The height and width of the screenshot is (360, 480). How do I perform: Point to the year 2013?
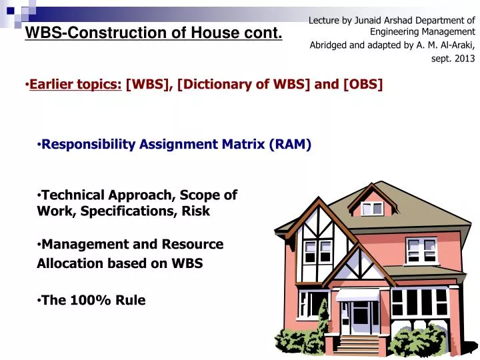point(464,59)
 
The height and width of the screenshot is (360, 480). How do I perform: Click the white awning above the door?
point(357,295)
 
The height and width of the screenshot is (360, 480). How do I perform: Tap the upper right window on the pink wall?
point(421,249)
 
